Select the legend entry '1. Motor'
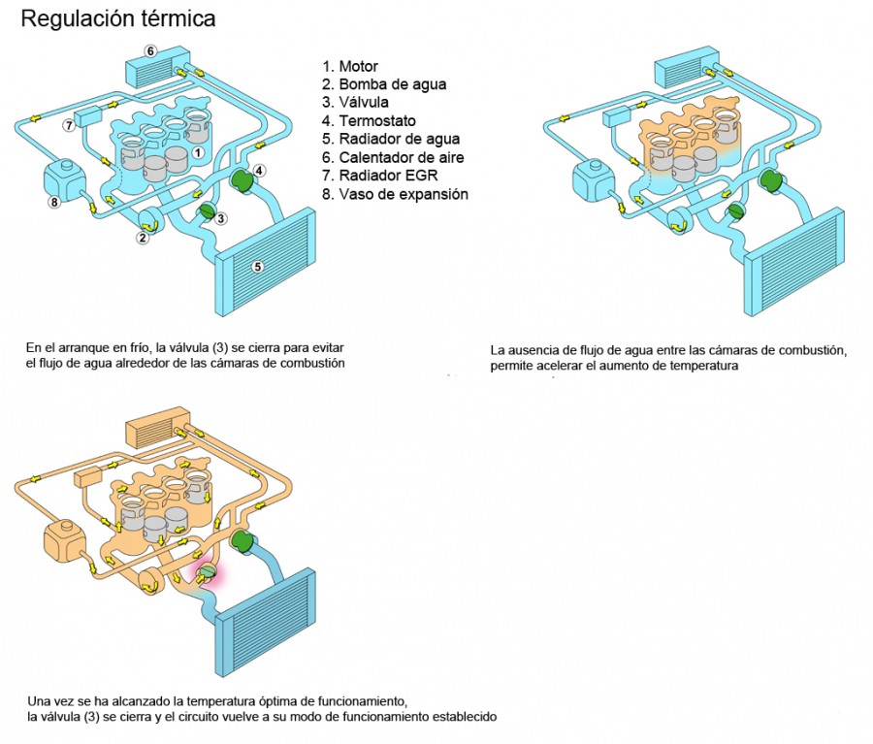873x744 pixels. [x=350, y=67]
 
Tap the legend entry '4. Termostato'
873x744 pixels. [x=370, y=121]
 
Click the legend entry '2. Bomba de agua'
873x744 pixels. [x=384, y=84]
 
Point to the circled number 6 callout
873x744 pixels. [x=150, y=50]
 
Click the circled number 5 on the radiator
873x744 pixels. [x=258, y=267]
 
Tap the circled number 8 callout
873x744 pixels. [x=53, y=202]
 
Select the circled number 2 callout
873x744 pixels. [x=143, y=237]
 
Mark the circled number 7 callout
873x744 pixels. [x=69, y=125]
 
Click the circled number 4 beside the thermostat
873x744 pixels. [x=260, y=171]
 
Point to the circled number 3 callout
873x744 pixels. [x=221, y=218]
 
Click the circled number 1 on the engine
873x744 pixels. [x=197, y=152]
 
